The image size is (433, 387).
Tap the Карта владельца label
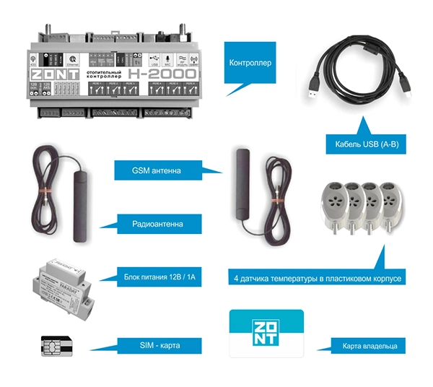367,345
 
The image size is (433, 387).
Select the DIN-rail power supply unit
63,279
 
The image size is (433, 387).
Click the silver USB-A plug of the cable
318,85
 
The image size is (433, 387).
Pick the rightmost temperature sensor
386,201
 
